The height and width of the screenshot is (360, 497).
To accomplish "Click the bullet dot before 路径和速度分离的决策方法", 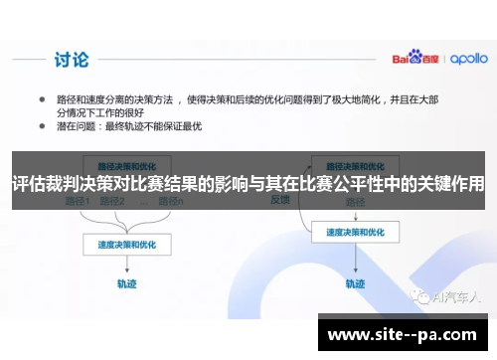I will point(43,100).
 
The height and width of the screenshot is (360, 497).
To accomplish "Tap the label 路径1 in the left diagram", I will point(77,200).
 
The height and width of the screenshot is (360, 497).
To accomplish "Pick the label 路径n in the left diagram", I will point(170,200).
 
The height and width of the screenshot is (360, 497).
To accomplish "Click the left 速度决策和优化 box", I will point(124,242).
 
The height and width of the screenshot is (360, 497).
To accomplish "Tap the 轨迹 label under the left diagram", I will point(123,282).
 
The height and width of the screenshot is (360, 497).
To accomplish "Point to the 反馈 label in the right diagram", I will point(281,198).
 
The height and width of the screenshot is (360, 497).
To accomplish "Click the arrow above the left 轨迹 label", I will point(123,263).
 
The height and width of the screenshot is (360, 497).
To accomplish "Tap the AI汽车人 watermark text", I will point(452,296).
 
